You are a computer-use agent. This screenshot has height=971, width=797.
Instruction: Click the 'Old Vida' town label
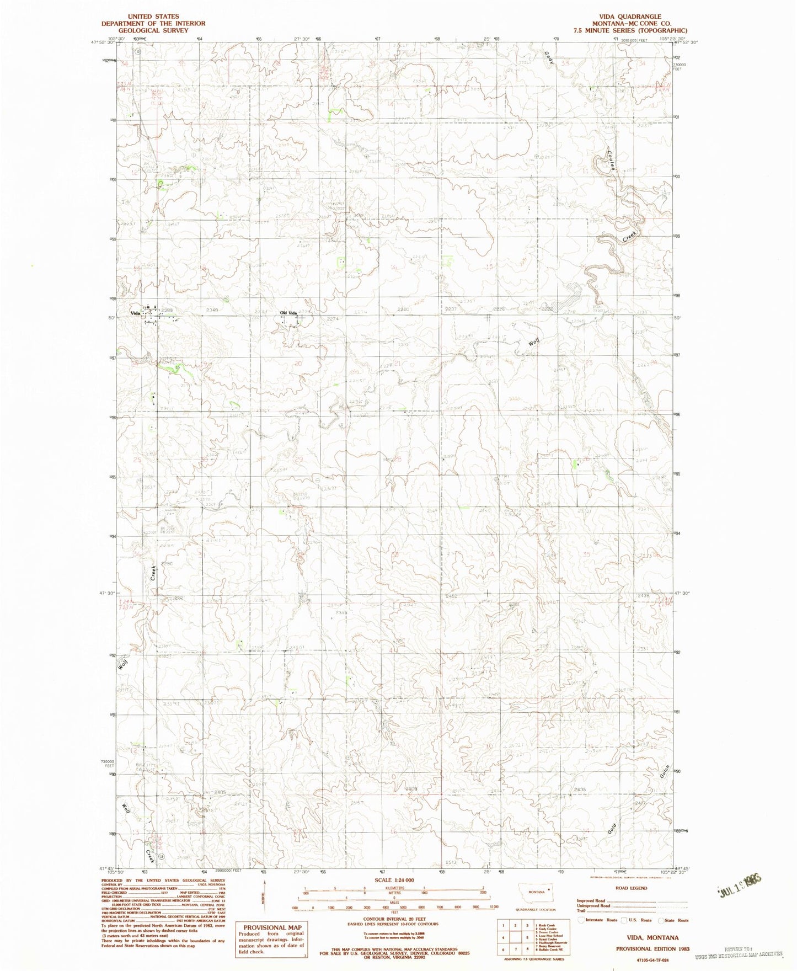(288, 313)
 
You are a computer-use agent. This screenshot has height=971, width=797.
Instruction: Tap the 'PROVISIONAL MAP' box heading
(269, 927)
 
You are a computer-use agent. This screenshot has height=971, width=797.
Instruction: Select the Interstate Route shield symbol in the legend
(580, 920)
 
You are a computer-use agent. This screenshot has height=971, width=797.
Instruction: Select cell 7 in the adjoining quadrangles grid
(517, 949)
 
